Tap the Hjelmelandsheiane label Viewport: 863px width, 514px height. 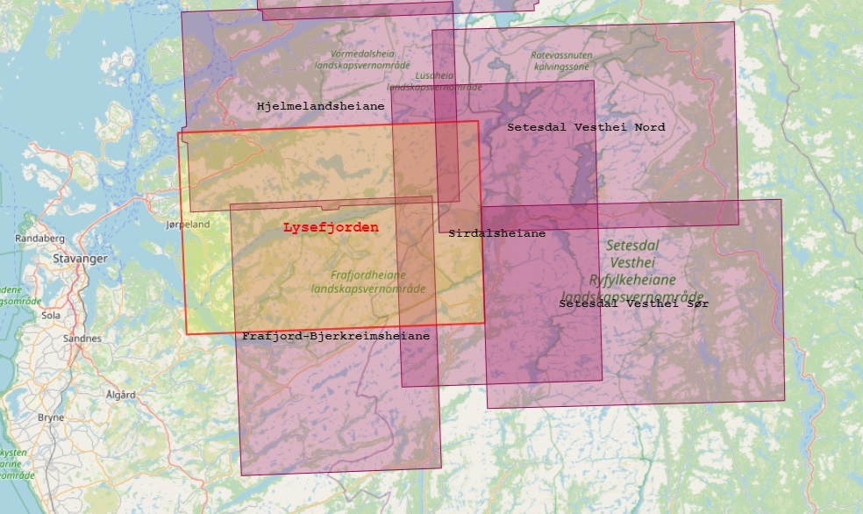click(x=320, y=106)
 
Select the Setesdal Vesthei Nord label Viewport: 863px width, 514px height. click(x=586, y=127)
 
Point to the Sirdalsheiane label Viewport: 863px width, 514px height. click(x=496, y=233)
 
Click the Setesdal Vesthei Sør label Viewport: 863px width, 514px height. click(x=633, y=303)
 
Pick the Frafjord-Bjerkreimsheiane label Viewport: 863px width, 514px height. click(x=336, y=336)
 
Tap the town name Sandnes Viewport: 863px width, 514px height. click(x=82, y=338)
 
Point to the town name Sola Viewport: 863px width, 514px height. click(x=50, y=313)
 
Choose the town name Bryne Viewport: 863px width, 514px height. click(x=51, y=418)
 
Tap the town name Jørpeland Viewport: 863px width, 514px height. click(x=188, y=224)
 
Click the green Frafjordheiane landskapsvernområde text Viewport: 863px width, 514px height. click(x=368, y=281)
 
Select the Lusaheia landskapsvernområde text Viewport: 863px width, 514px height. click(x=435, y=82)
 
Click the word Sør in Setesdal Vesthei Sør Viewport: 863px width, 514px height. click(x=699, y=303)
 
